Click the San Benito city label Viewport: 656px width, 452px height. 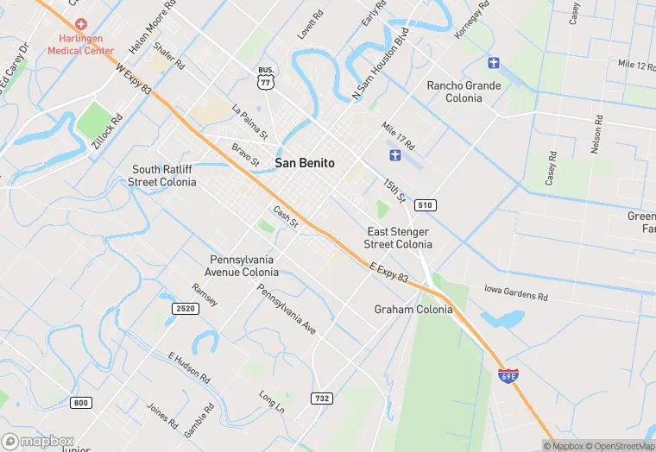pos(305,163)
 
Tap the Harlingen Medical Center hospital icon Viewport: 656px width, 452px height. pos(81,24)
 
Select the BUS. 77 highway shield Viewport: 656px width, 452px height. pos(265,78)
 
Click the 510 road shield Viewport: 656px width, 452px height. pos(424,205)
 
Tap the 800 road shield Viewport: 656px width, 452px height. pos(81,403)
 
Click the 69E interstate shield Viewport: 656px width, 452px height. pos(508,375)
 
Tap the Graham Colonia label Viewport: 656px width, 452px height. pos(413,310)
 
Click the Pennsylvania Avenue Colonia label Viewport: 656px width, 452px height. pos(244,266)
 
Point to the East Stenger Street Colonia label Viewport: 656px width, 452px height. pos(398,238)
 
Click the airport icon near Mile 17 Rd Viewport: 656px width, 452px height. pos(395,154)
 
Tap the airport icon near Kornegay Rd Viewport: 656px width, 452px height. pos(493,62)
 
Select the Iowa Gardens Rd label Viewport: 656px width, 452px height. pos(516,294)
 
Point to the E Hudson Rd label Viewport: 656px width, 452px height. pos(189,367)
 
